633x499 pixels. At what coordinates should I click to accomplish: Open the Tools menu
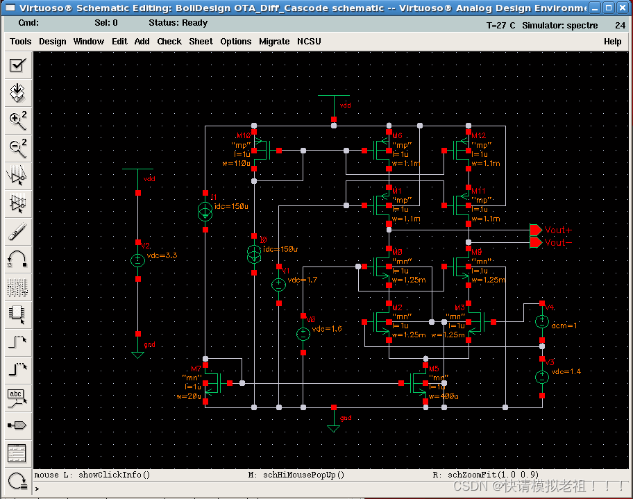point(20,41)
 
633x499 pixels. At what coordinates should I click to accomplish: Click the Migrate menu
point(274,41)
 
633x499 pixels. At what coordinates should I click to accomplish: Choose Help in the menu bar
point(612,41)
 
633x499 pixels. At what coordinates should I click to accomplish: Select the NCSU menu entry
point(309,41)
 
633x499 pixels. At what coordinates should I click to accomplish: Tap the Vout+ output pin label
point(559,230)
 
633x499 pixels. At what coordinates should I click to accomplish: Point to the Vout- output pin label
point(559,242)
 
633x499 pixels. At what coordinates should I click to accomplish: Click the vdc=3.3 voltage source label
point(162,255)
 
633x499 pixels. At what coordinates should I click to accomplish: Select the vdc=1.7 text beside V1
point(303,280)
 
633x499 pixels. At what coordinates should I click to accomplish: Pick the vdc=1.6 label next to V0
point(327,329)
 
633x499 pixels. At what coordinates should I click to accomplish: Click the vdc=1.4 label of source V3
point(566,372)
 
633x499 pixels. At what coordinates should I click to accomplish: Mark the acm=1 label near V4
point(564,325)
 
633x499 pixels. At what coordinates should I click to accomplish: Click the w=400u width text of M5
point(444,396)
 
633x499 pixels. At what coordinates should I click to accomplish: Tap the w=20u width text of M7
point(188,396)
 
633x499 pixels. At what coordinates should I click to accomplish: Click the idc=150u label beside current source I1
point(231,207)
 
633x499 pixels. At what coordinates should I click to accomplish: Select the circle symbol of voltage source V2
point(138,260)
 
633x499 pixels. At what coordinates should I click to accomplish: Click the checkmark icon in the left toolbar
point(17,65)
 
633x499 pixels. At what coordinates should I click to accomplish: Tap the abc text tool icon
point(17,397)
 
